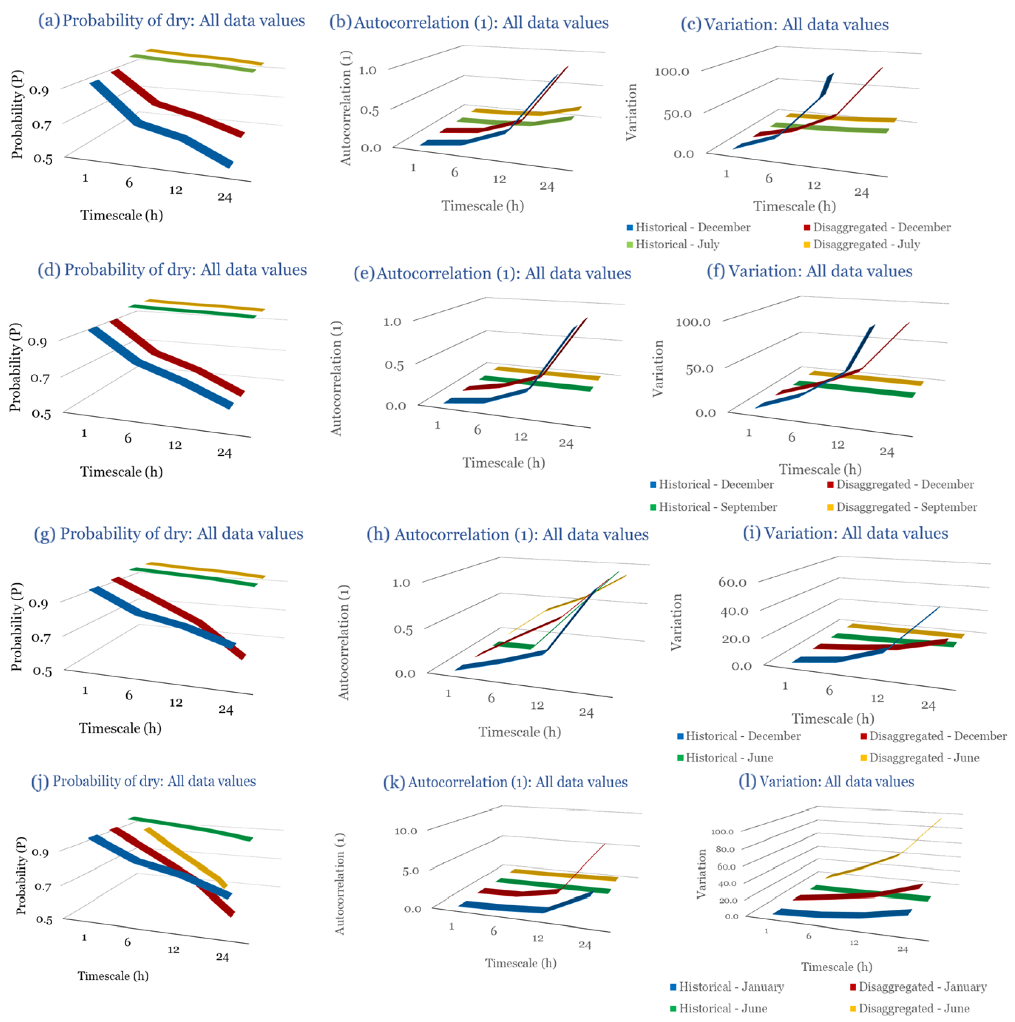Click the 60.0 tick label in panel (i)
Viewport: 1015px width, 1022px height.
click(x=732, y=582)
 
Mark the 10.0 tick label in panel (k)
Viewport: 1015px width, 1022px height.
click(x=406, y=831)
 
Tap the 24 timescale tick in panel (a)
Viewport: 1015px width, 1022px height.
click(x=225, y=197)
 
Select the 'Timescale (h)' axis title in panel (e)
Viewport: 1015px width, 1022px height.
click(x=503, y=463)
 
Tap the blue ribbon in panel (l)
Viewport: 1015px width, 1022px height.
click(x=841, y=914)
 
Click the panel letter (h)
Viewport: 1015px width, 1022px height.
click(x=378, y=534)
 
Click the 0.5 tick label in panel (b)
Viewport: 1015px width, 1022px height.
click(x=369, y=110)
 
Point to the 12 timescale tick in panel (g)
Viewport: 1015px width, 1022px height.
click(x=175, y=702)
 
